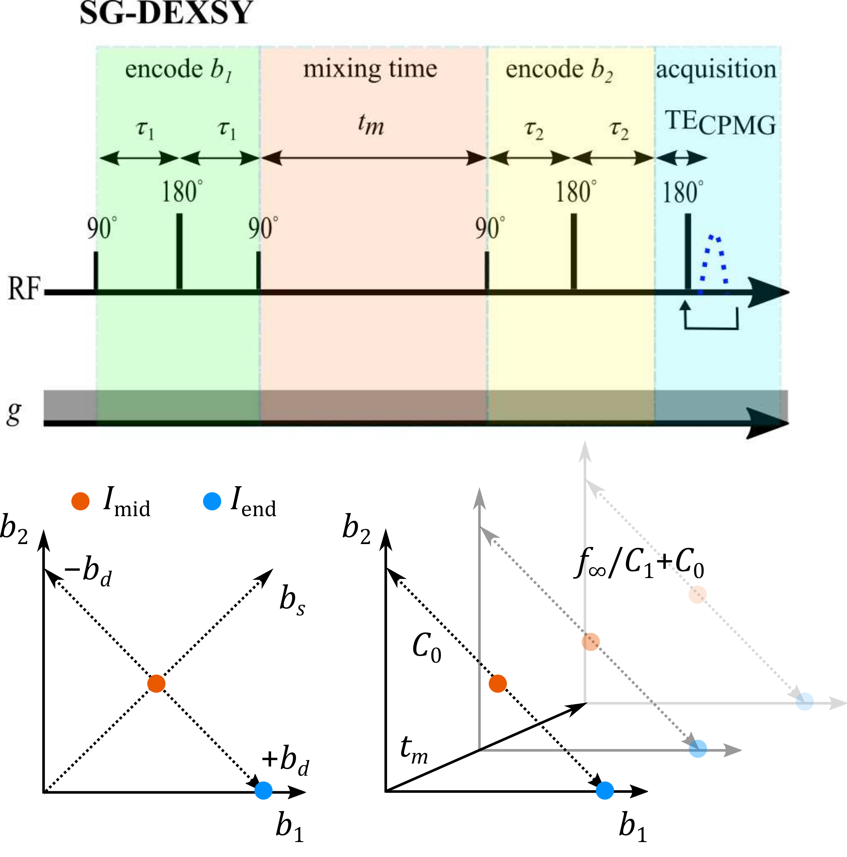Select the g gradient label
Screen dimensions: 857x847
click(14, 412)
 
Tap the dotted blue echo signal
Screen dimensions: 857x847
click(713, 262)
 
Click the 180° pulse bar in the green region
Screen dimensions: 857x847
click(179, 252)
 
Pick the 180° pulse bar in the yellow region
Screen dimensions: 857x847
click(573, 252)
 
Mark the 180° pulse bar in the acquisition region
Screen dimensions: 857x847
click(688, 252)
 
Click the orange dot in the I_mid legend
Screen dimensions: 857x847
click(80, 501)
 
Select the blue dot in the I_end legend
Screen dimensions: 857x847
click(212, 501)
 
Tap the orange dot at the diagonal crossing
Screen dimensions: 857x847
click(156, 684)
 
